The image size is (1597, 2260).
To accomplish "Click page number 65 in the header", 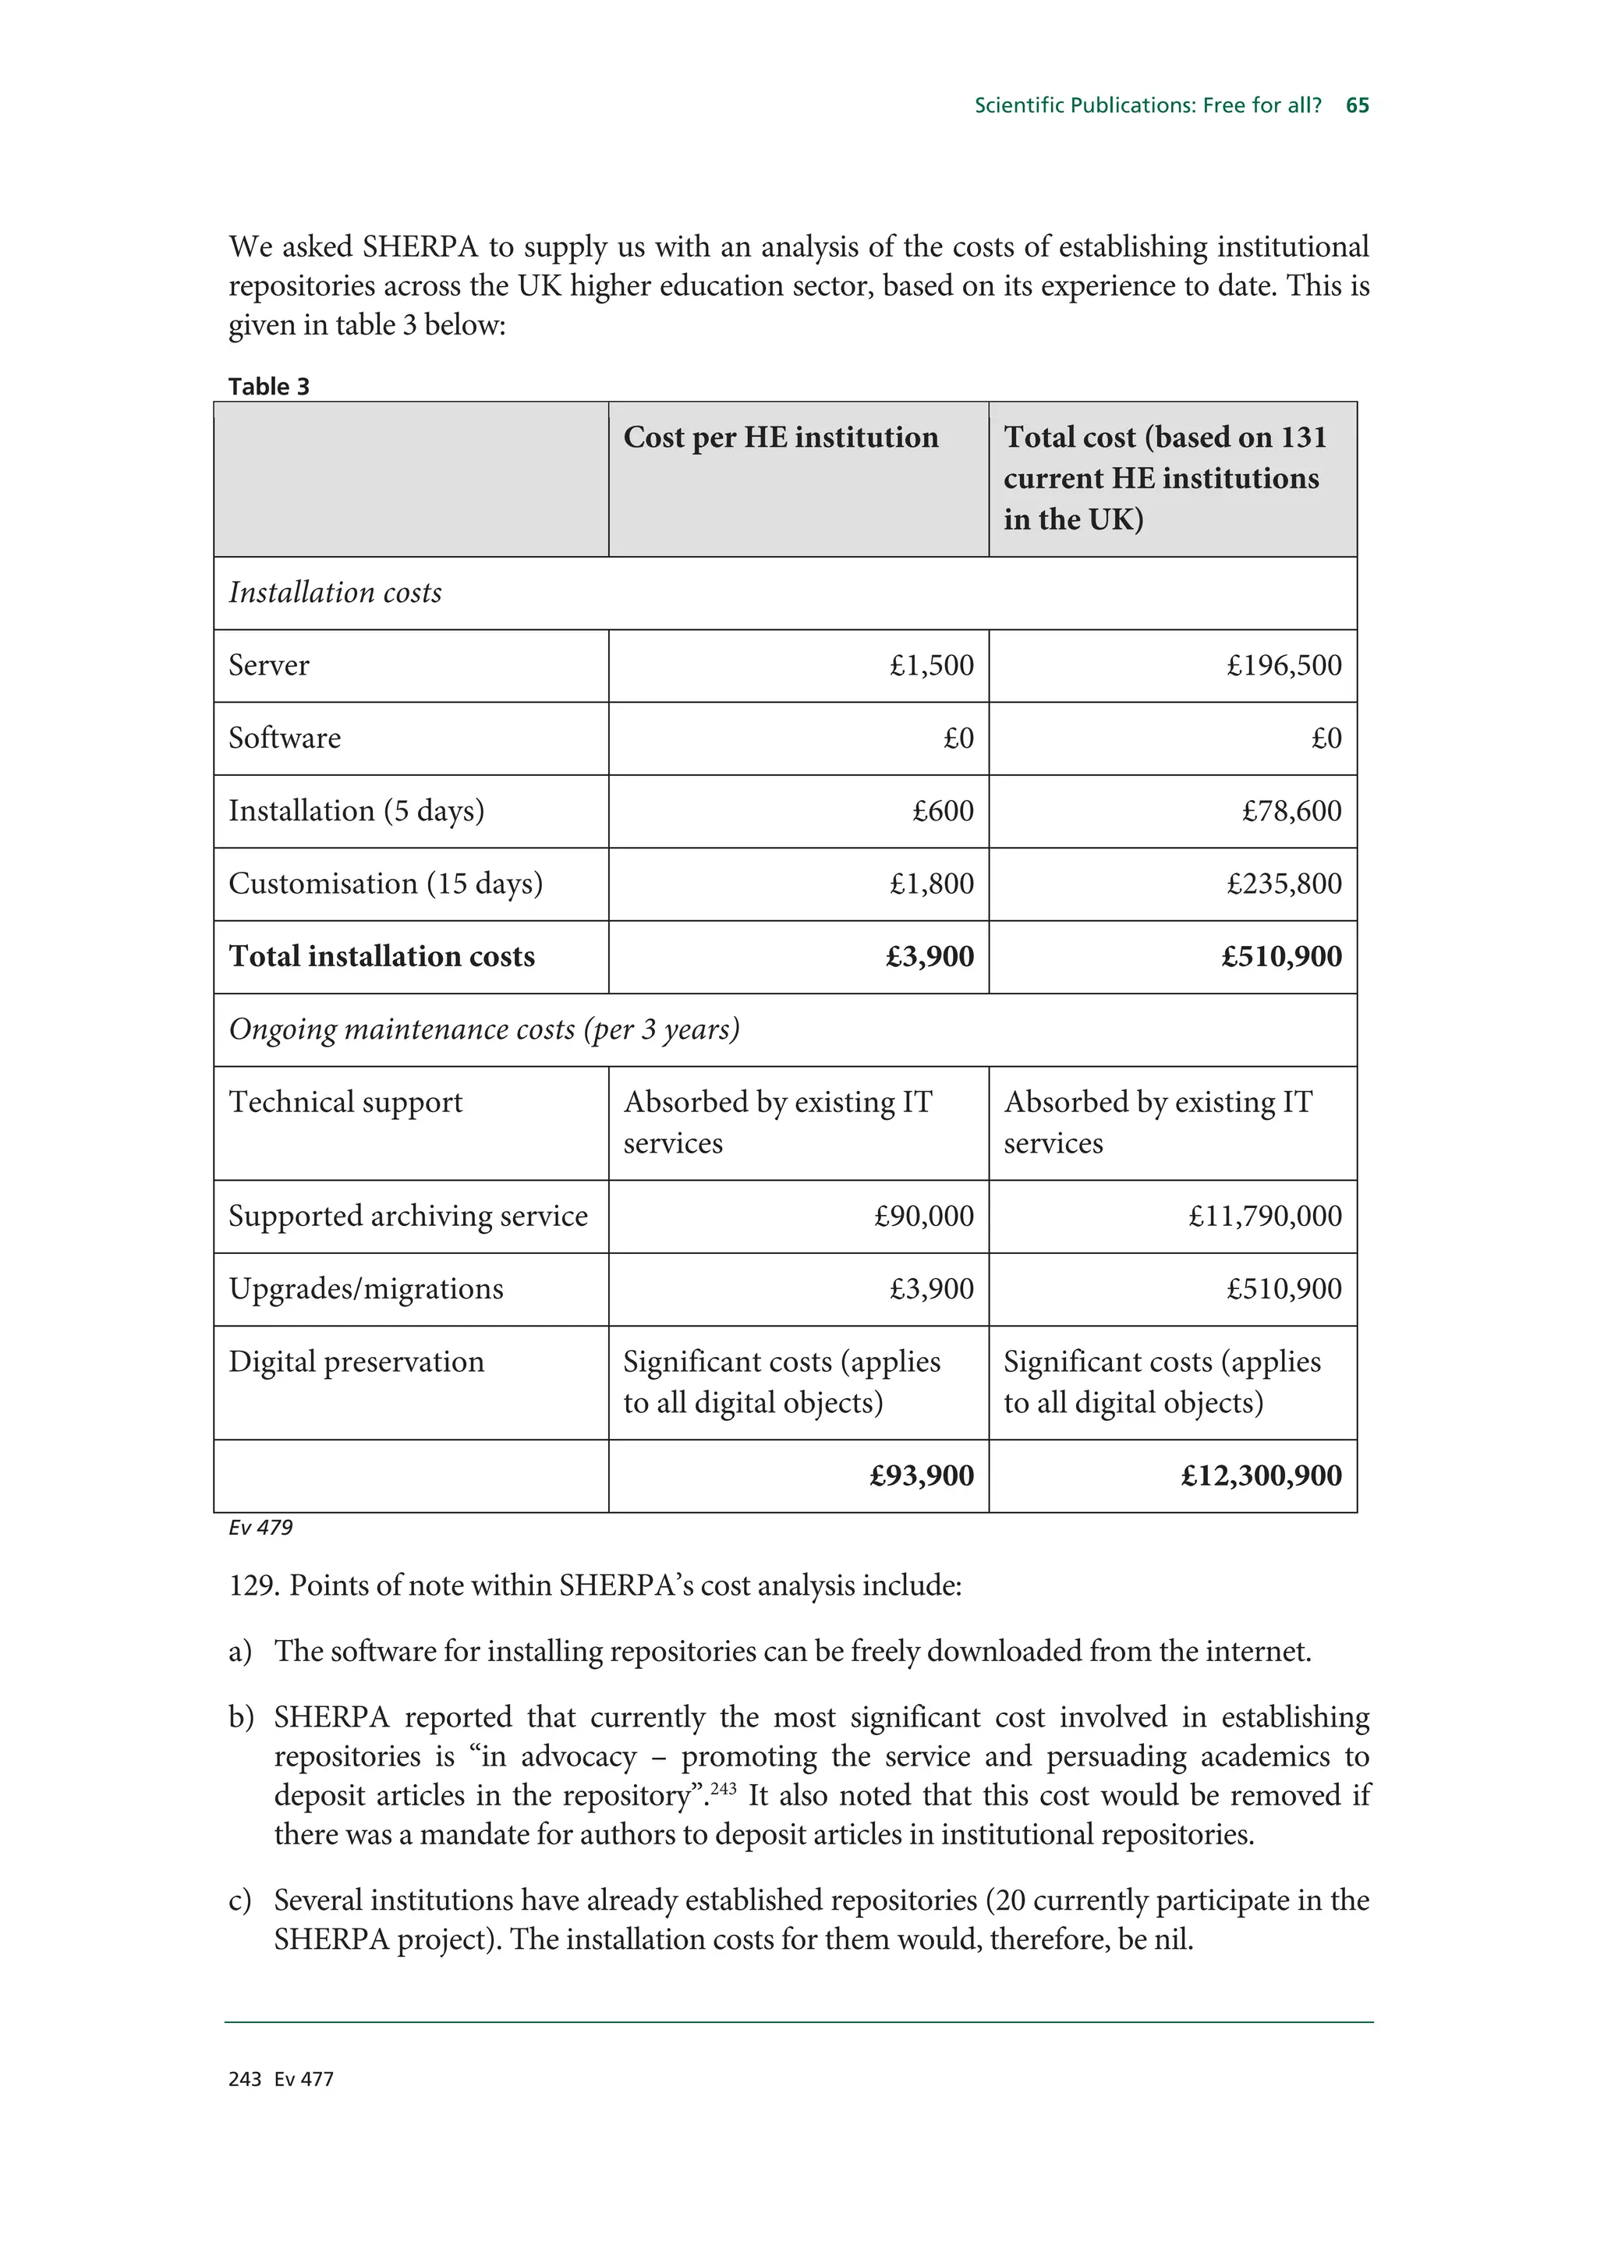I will tap(1357, 105).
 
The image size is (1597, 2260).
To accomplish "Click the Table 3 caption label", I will tap(268, 387).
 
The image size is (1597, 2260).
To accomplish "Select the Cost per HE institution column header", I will tap(781, 437).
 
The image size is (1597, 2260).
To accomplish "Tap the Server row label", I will tap(268, 665).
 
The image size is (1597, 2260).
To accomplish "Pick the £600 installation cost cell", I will tap(942, 811).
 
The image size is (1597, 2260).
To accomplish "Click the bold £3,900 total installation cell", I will tap(929, 957).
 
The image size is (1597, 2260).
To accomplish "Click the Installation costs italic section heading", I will tap(335, 593).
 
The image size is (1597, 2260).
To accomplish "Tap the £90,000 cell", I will tap(923, 1217).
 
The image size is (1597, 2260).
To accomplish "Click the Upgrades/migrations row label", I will tap(365, 1289).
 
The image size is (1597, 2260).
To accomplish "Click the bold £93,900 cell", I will tap(921, 1476).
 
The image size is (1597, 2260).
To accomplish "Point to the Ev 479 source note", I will tap(260, 1528).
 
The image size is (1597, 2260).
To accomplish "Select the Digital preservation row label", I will tap(356, 1362).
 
